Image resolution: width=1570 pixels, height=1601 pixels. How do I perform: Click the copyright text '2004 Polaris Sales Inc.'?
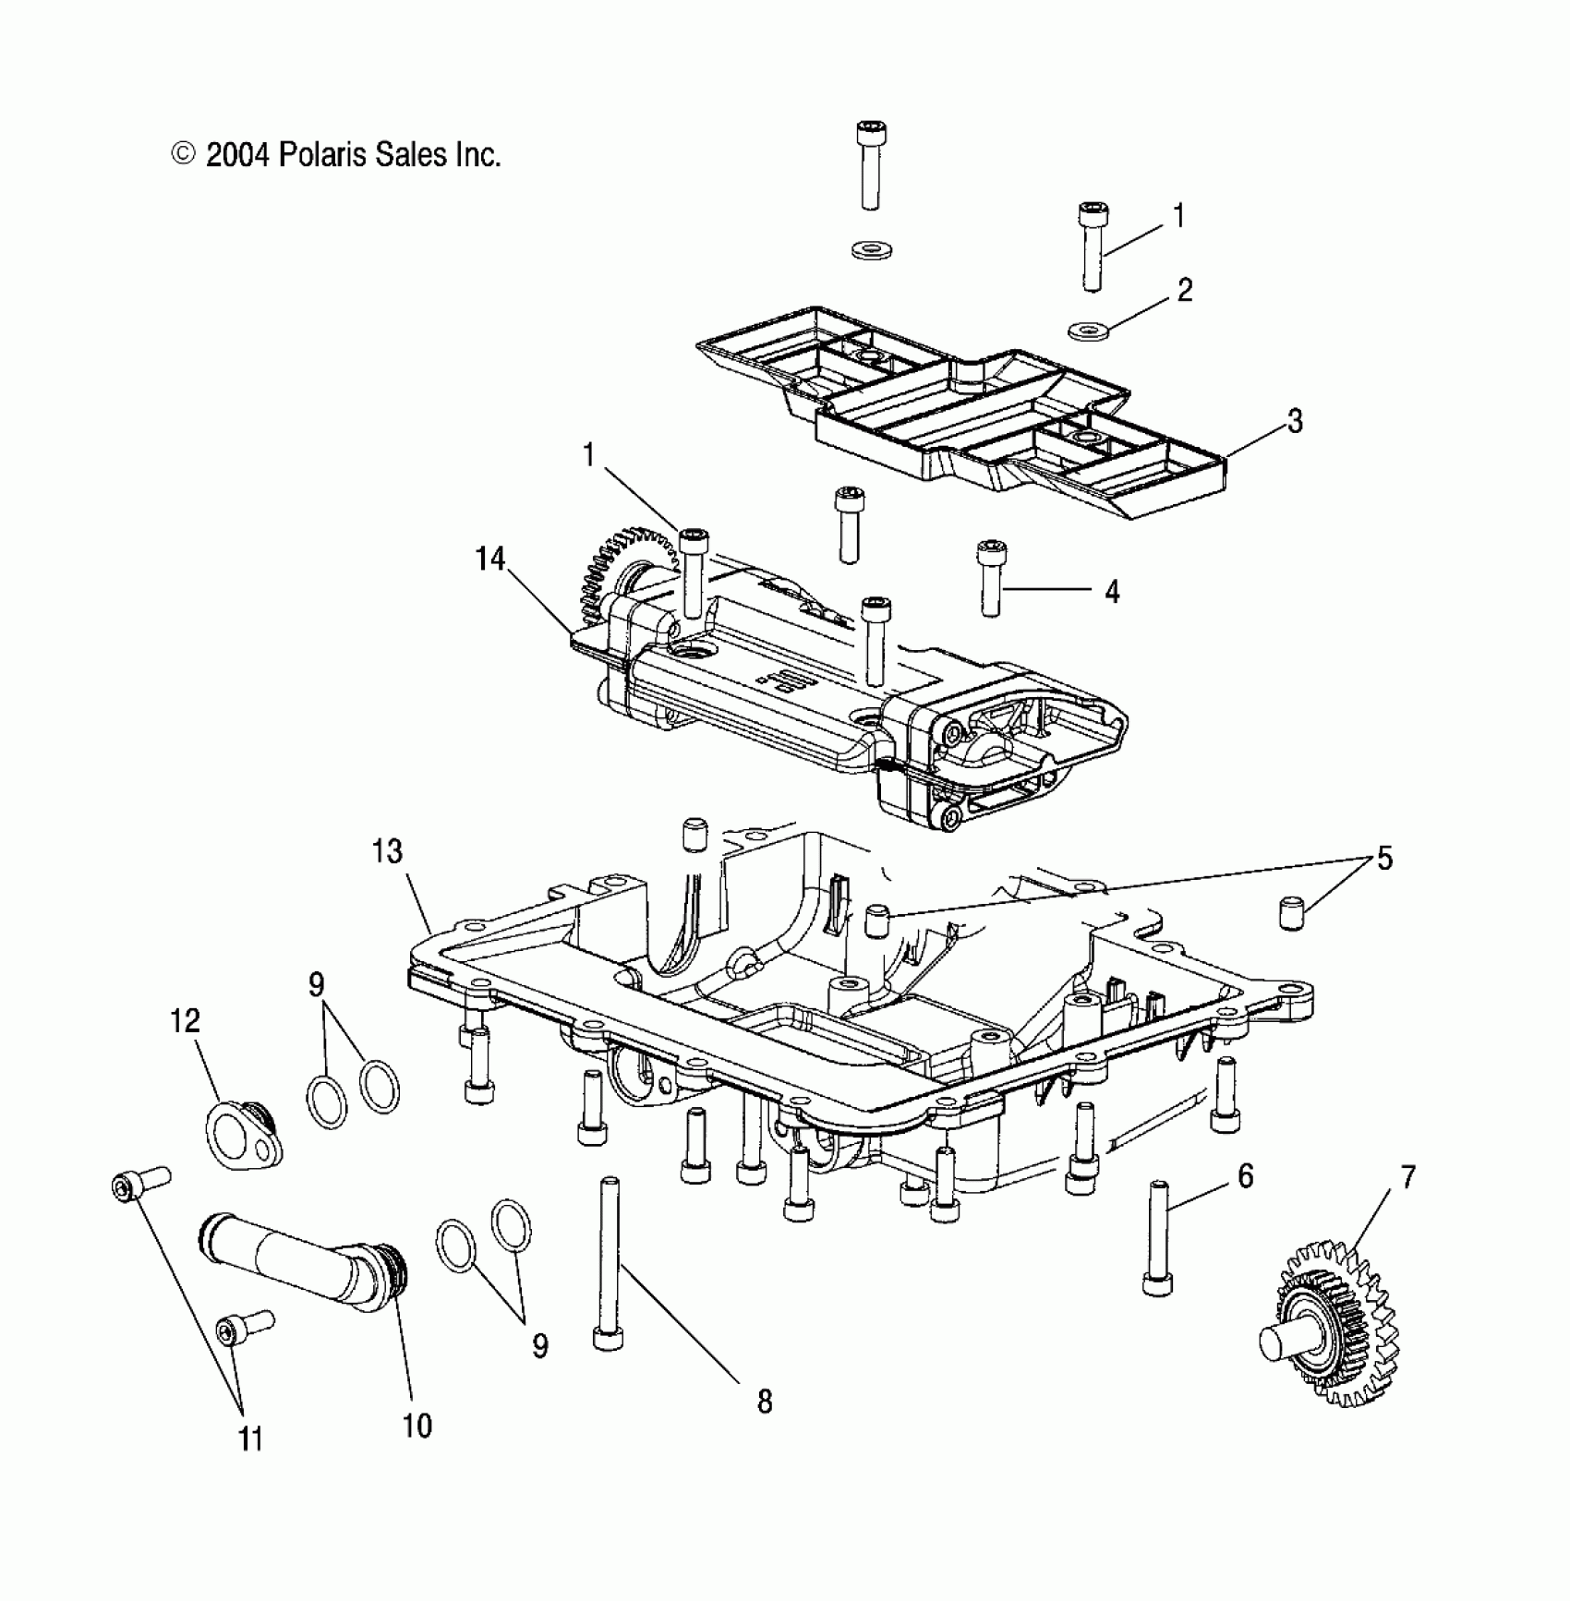[x=352, y=154]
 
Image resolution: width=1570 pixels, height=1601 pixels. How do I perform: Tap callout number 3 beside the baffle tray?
[x=1295, y=422]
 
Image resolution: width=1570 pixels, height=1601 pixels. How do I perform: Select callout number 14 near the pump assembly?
[x=490, y=560]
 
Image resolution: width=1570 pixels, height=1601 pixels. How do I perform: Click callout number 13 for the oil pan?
[x=387, y=851]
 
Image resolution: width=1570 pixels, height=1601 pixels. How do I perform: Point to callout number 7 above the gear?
[x=1407, y=1178]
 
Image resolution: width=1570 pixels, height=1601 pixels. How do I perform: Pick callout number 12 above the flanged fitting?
[x=185, y=1021]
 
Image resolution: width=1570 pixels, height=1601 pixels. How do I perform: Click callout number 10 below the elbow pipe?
[x=417, y=1426]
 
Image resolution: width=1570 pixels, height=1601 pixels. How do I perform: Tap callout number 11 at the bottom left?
[x=250, y=1439]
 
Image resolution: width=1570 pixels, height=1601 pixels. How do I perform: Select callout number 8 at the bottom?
[x=764, y=1402]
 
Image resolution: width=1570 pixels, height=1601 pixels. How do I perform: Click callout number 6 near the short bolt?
[x=1245, y=1176]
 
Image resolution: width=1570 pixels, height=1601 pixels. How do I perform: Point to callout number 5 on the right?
[x=1383, y=859]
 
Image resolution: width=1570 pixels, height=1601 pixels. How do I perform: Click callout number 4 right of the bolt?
[x=1112, y=592]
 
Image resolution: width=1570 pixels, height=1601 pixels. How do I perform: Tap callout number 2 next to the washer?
[x=1185, y=291]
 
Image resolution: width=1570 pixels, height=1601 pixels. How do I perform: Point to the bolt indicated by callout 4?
[x=990, y=579]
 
